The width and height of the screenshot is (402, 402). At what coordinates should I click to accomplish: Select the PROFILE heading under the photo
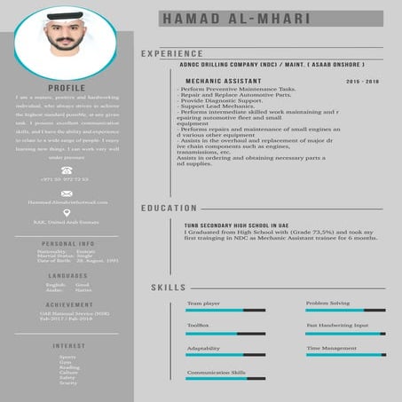click(x=67, y=88)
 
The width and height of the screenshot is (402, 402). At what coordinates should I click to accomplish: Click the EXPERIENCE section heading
click(x=171, y=54)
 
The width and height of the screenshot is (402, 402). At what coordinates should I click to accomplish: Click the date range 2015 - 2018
click(x=362, y=80)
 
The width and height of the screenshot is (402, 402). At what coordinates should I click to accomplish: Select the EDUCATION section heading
click(x=169, y=208)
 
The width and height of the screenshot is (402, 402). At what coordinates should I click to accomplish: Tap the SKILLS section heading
click(x=168, y=288)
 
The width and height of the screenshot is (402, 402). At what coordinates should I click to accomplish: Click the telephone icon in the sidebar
click(x=67, y=169)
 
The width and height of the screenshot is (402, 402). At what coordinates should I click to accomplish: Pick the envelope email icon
click(x=67, y=193)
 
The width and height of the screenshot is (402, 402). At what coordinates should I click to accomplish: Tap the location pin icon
click(x=67, y=213)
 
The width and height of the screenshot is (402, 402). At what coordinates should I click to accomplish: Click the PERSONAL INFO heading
click(x=67, y=242)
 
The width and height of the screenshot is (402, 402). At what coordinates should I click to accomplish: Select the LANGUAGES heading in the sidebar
click(x=67, y=275)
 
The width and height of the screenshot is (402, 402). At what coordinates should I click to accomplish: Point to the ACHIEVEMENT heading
click(x=67, y=303)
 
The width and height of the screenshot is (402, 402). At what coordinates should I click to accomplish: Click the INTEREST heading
click(x=67, y=345)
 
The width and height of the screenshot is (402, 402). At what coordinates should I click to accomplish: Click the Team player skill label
click(x=203, y=303)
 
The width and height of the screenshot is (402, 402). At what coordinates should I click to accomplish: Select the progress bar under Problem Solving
click(x=345, y=311)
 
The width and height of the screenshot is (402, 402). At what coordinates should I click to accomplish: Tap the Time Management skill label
click(x=331, y=349)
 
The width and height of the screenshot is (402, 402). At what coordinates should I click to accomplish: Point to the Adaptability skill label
click(x=203, y=349)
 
